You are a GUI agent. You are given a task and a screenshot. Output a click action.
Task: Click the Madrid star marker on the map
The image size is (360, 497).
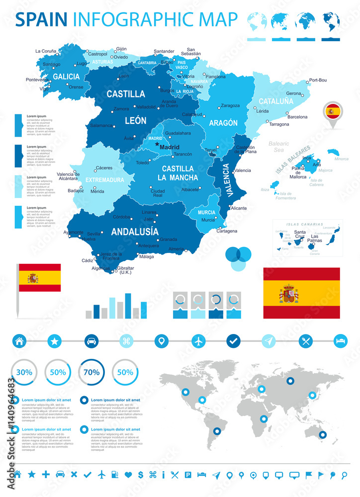tap(157, 144)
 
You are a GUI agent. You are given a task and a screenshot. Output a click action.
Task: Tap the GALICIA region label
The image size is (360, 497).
tap(66, 77)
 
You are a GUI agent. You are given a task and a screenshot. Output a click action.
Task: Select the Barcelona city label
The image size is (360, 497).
tap(297, 117)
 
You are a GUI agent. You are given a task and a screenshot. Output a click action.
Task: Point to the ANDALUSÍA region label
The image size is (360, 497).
tap(135, 232)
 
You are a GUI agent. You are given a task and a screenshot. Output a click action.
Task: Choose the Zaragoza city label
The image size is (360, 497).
tap(230, 105)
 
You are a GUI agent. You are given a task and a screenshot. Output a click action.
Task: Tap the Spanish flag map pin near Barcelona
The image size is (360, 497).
tap(333, 112)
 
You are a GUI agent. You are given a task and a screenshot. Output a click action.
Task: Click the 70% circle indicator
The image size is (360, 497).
tap(91, 372)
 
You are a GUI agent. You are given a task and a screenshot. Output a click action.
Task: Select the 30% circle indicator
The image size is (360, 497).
tap(23, 372)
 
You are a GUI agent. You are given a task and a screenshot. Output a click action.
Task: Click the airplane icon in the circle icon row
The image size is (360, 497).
tap(198, 341)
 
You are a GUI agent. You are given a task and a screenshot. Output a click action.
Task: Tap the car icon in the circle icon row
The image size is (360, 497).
tap(91, 341)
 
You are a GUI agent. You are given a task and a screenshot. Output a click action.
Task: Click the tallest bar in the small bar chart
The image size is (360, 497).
tap(128, 305)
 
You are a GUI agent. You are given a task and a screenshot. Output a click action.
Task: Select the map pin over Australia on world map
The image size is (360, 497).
tap(322, 435)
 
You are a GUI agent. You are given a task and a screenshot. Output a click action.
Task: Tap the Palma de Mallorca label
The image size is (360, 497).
tap(298, 172)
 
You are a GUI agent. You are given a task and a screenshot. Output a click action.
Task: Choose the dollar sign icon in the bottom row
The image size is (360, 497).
tap(141, 475)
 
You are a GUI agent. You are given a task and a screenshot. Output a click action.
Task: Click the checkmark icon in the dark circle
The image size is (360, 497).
tap(234, 341)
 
